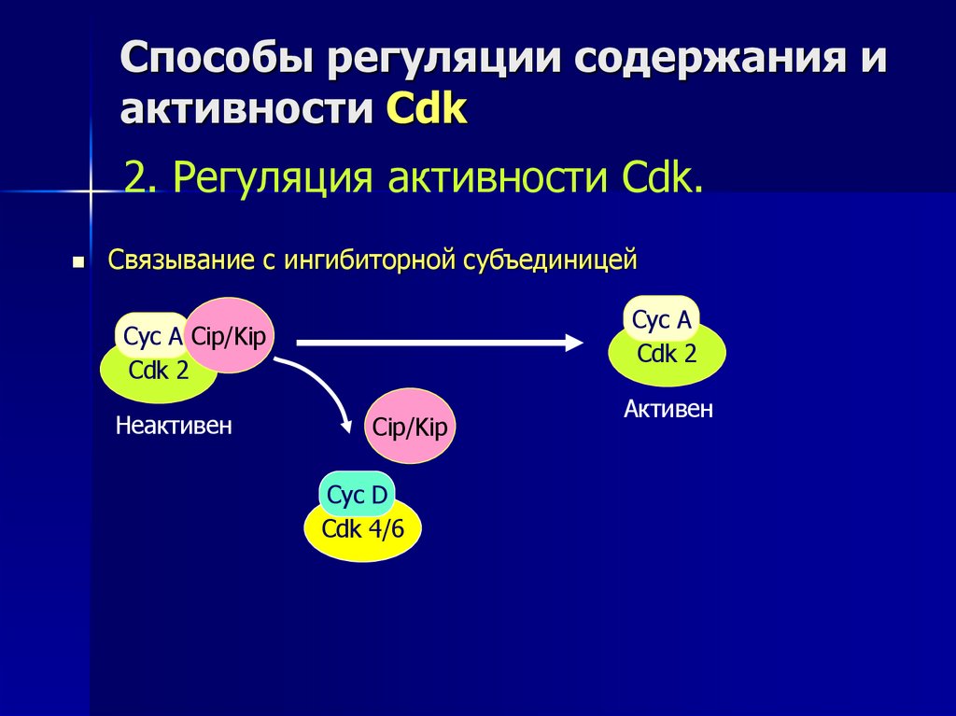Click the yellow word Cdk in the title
pos(427,109)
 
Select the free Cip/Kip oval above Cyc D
pos(411,427)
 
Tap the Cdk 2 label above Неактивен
pos(159,371)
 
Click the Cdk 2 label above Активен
pos(667,354)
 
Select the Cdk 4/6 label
pos(363,529)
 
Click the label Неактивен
pos(173,427)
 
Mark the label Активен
pos(668,409)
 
